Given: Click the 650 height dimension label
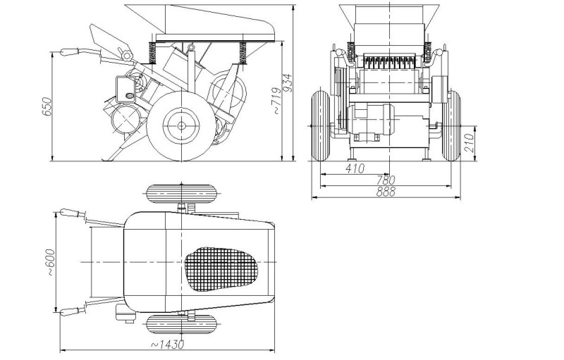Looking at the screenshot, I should (x=47, y=106).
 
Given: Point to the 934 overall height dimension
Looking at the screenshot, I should (x=288, y=82).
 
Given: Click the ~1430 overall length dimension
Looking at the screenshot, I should (x=167, y=345).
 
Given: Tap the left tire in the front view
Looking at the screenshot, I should (x=319, y=125).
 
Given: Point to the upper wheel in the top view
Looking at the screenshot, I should (x=180, y=194).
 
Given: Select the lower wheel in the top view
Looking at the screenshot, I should (x=180, y=325).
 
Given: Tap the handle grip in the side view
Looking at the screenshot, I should (x=71, y=52).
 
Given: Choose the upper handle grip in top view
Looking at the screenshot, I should (x=70, y=213).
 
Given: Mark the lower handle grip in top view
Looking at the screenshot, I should (x=70, y=311).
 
